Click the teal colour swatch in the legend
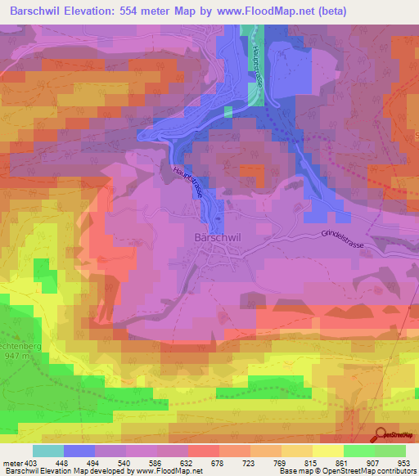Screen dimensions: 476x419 point(48,451)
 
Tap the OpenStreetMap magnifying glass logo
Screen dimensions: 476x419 point(381,435)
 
